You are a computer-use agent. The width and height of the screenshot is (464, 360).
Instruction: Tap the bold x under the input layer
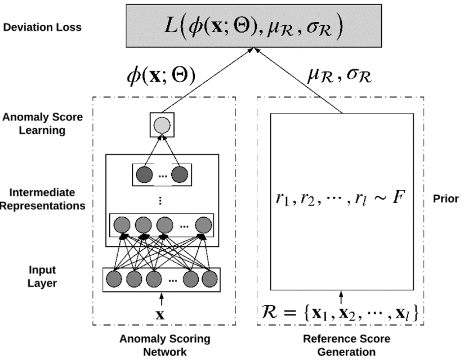[x=162, y=314]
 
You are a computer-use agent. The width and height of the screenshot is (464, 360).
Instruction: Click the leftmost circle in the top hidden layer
[x=144, y=174]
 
